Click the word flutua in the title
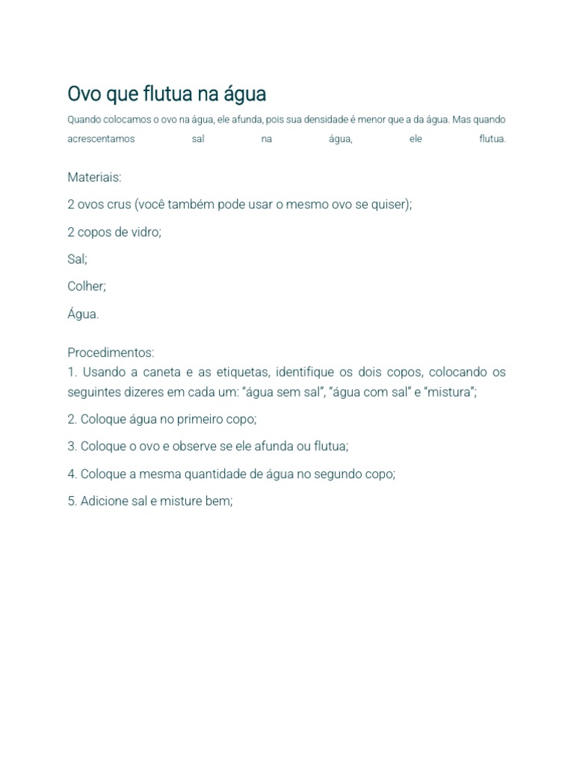(167, 94)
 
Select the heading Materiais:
(94, 177)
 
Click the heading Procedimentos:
(111, 352)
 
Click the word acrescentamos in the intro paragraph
(101, 139)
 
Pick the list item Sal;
(77, 258)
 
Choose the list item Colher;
(87, 286)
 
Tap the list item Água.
(83, 314)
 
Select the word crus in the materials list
(120, 204)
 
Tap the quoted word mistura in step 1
(451, 391)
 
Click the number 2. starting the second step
(72, 419)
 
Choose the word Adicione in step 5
(104, 501)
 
